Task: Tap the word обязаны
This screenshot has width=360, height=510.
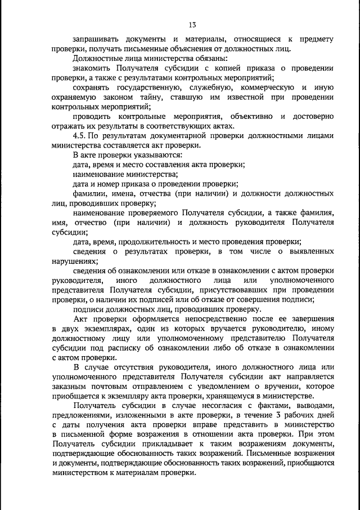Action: (x=209, y=58)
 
